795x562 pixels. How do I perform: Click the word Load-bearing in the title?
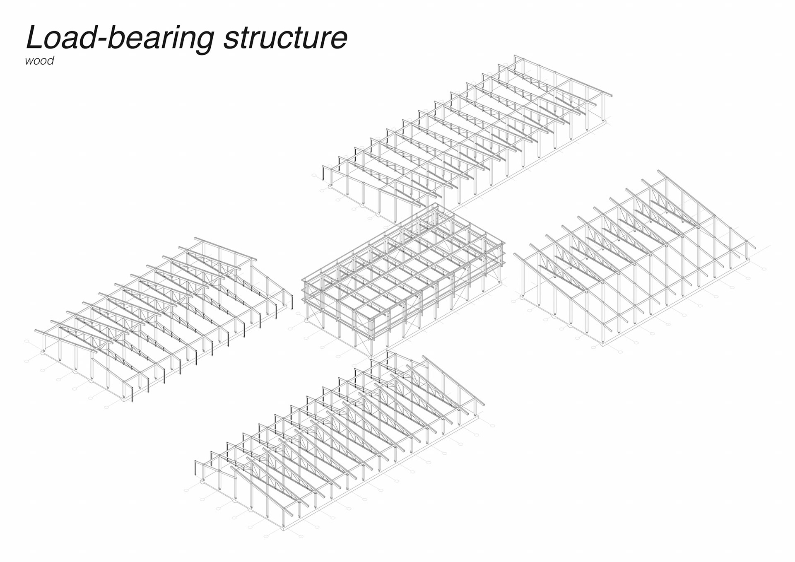pyautogui.click(x=120, y=39)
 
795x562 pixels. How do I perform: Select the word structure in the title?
pyautogui.click(x=285, y=39)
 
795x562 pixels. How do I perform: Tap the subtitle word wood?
pyautogui.click(x=39, y=61)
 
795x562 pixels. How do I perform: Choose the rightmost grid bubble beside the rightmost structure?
pyautogui.click(x=764, y=269)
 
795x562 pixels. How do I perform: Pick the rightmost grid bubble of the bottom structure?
pyautogui.click(x=493, y=426)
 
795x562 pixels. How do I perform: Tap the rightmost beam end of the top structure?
pyautogui.click(x=610, y=95)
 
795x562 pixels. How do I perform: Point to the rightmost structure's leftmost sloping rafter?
pyautogui.click(x=538, y=273)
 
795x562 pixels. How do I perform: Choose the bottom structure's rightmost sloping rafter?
pyautogui.click(x=452, y=381)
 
